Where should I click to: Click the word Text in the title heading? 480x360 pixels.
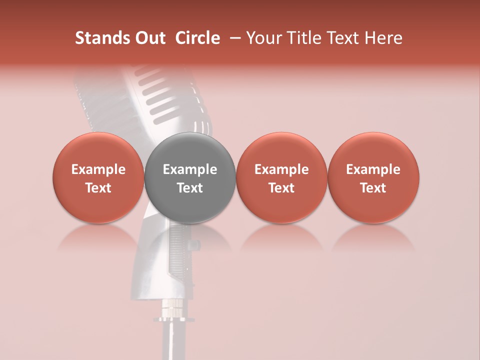pos(344,38)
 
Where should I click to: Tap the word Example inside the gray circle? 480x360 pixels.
pos(190,169)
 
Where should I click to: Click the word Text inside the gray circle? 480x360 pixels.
pos(190,188)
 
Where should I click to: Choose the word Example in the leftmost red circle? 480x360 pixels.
pos(98,169)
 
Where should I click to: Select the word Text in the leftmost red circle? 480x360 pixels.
pos(98,188)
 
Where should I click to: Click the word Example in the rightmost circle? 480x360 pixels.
pos(373,169)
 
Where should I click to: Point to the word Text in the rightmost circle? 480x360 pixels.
pos(373,188)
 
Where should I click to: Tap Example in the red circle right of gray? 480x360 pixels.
pos(281,169)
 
